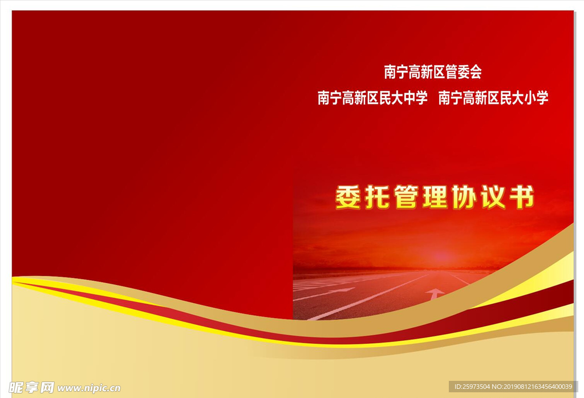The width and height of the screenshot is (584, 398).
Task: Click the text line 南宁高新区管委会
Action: coord(433,72)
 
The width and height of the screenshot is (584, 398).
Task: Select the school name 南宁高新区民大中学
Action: coord(372,98)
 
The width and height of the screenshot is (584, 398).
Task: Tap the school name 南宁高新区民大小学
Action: coord(493,98)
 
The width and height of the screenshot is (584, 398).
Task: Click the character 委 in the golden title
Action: coord(347,198)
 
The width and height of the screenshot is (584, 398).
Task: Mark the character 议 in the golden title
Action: coord(492,198)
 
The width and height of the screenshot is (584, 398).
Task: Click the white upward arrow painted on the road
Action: coord(435,294)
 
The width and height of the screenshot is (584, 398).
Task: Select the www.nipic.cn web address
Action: coord(89,388)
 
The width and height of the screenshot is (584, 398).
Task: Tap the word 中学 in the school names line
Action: coord(415,98)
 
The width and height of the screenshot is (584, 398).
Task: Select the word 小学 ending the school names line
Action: coord(536,98)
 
